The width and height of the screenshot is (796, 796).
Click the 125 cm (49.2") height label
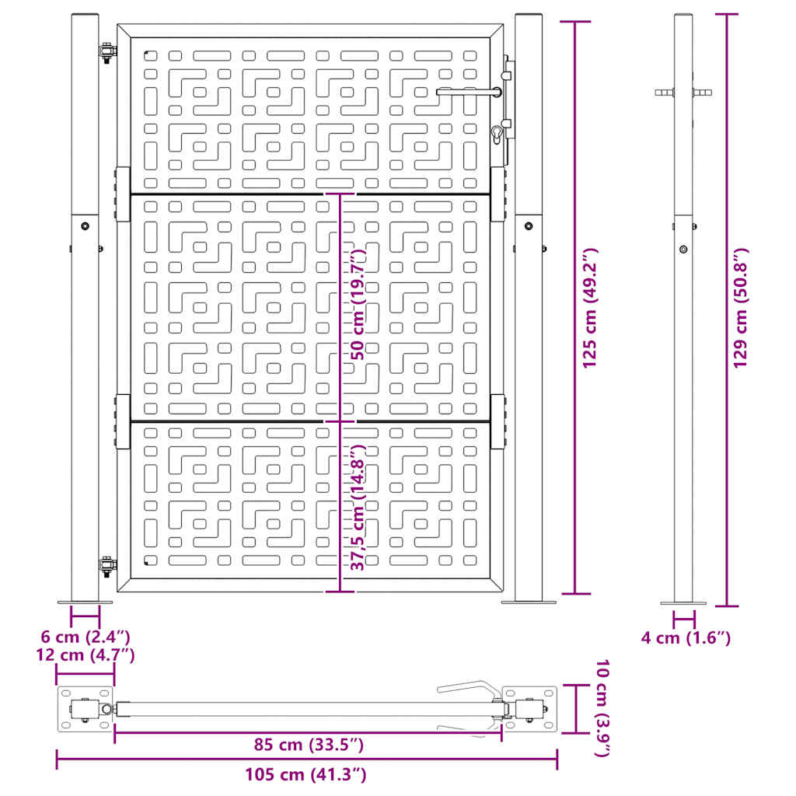pyautogui.click(x=590, y=308)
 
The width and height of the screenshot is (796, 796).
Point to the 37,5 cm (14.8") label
pyautogui.click(x=357, y=508)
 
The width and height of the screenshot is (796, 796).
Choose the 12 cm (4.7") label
pyautogui.click(x=86, y=655)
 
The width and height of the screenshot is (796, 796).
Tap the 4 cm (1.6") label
pyautogui.click(x=686, y=638)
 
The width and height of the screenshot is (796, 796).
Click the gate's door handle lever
pyautogui.click(x=466, y=92)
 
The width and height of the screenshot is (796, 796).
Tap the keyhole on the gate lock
pyautogui.click(x=497, y=135)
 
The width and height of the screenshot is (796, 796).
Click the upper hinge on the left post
pyautogui.click(x=106, y=53)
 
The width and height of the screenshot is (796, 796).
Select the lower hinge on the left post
pyautogui.click(x=106, y=567)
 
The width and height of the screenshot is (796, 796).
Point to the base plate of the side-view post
pyautogui.click(x=684, y=602)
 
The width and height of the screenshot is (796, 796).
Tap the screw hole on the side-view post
pyautogui.click(x=683, y=249)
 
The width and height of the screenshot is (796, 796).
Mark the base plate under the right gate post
pyautogui.click(x=529, y=602)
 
